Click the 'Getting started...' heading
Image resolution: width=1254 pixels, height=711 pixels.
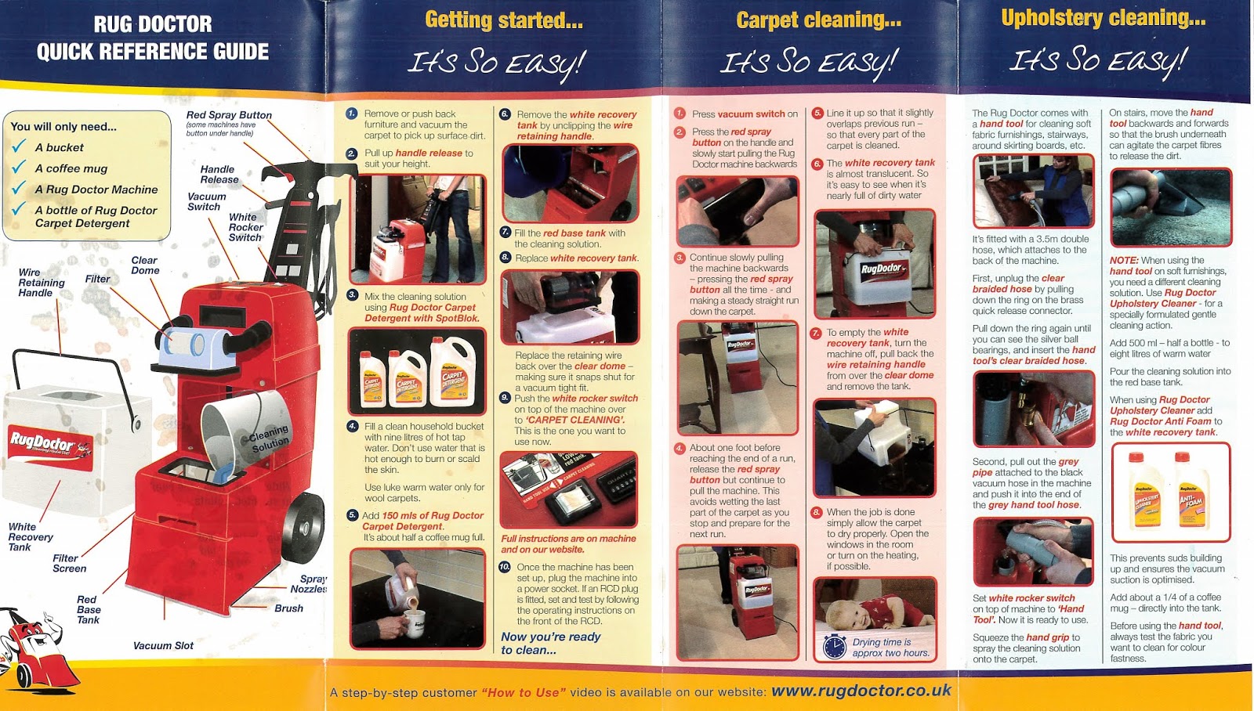(x=503, y=20)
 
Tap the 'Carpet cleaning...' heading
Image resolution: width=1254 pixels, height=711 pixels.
(x=818, y=20)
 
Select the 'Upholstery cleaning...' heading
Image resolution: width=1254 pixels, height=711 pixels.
(x=1103, y=18)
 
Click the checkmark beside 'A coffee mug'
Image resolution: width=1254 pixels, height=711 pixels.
(x=19, y=168)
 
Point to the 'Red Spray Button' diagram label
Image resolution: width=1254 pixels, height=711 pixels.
(x=229, y=115)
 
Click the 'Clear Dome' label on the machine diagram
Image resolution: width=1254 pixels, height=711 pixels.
(x=145, y=265)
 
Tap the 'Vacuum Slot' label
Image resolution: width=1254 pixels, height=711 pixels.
(x=163, y=646)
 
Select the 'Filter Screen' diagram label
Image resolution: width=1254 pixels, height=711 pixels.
(x=69, y=564)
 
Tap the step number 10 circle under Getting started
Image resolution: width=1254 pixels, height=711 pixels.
(x=505, y=567)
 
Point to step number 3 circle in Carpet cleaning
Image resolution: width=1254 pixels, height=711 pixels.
(x=680, y=258)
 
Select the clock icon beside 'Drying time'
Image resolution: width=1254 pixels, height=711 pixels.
(x=835, y=647)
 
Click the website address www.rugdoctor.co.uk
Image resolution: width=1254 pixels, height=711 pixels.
(x=861, y=691)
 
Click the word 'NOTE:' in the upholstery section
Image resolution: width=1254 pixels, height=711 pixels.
(x=1123, y=261)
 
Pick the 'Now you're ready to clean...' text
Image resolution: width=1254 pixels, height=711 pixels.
(x=550, y=643)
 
